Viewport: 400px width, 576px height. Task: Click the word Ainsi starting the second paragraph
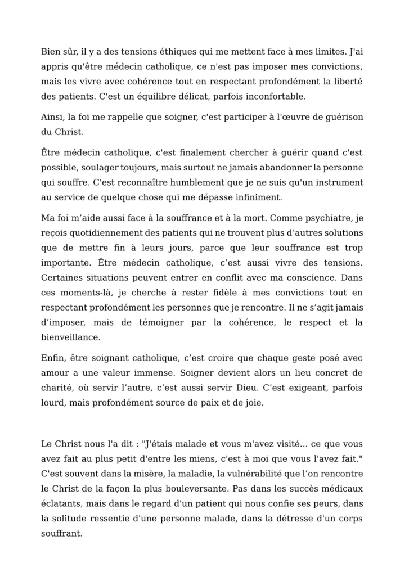[x=52, y=116]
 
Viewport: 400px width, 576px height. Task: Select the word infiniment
[x=255, y=197]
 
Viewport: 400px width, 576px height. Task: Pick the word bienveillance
[x=71, y=337]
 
